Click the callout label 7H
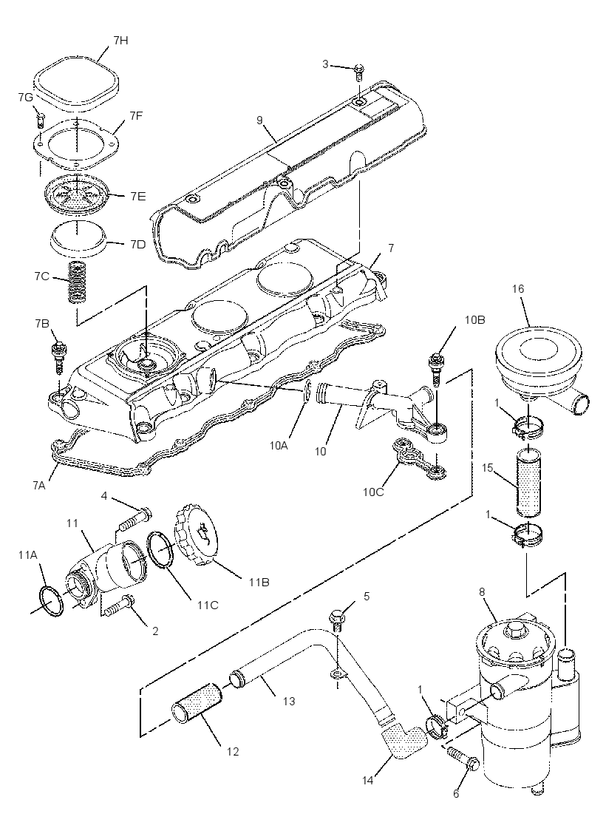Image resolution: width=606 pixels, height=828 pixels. click(x=120, y=41)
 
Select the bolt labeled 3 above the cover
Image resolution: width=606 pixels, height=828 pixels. click(x=360, y=71)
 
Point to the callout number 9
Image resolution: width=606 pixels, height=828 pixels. click(x=259, y=121)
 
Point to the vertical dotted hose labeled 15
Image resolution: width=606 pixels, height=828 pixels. click(x=528, y=481)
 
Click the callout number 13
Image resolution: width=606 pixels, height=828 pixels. click(x=289, y=702)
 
